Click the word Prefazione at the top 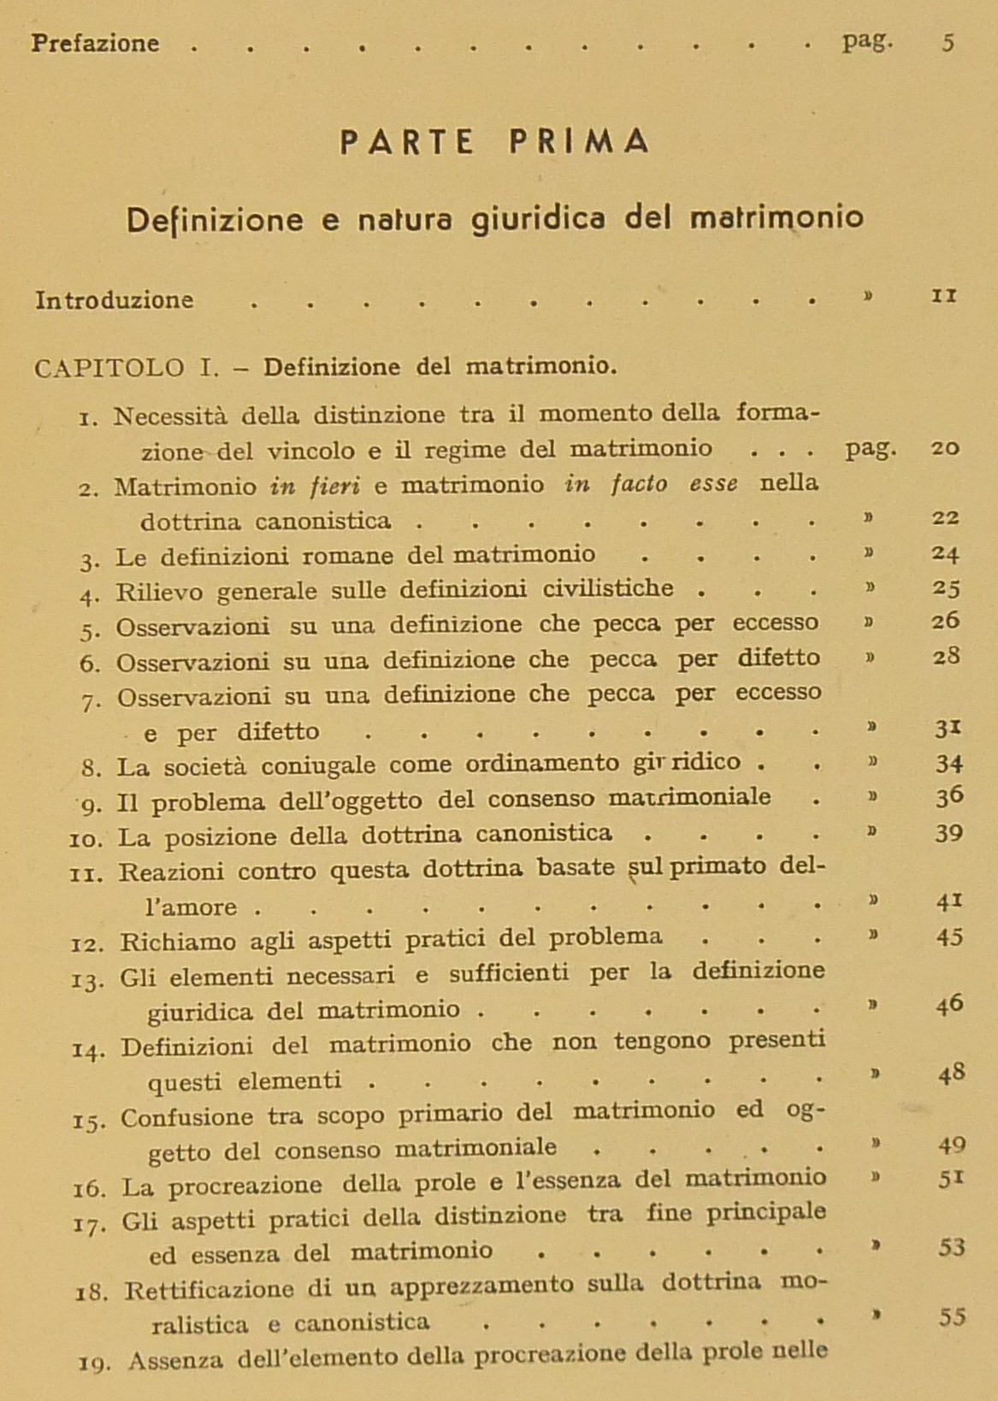point(95,43)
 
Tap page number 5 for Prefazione point(948,43)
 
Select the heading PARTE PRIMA point(494,142)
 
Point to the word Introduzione point(115,300)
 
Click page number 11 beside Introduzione point(943,296)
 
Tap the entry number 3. point(90,561)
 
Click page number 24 point(945,553)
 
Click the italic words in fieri point(314,486)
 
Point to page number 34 point(948,763)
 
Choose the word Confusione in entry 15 point(186,1117)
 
